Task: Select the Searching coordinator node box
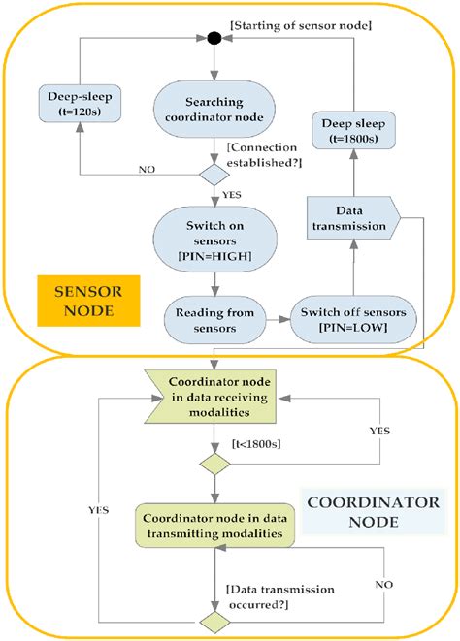tap(214, 112)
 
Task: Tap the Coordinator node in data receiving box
tap(214, 398)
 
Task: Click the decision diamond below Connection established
tap(214, 176)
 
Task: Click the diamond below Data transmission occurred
tap(214, 620)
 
